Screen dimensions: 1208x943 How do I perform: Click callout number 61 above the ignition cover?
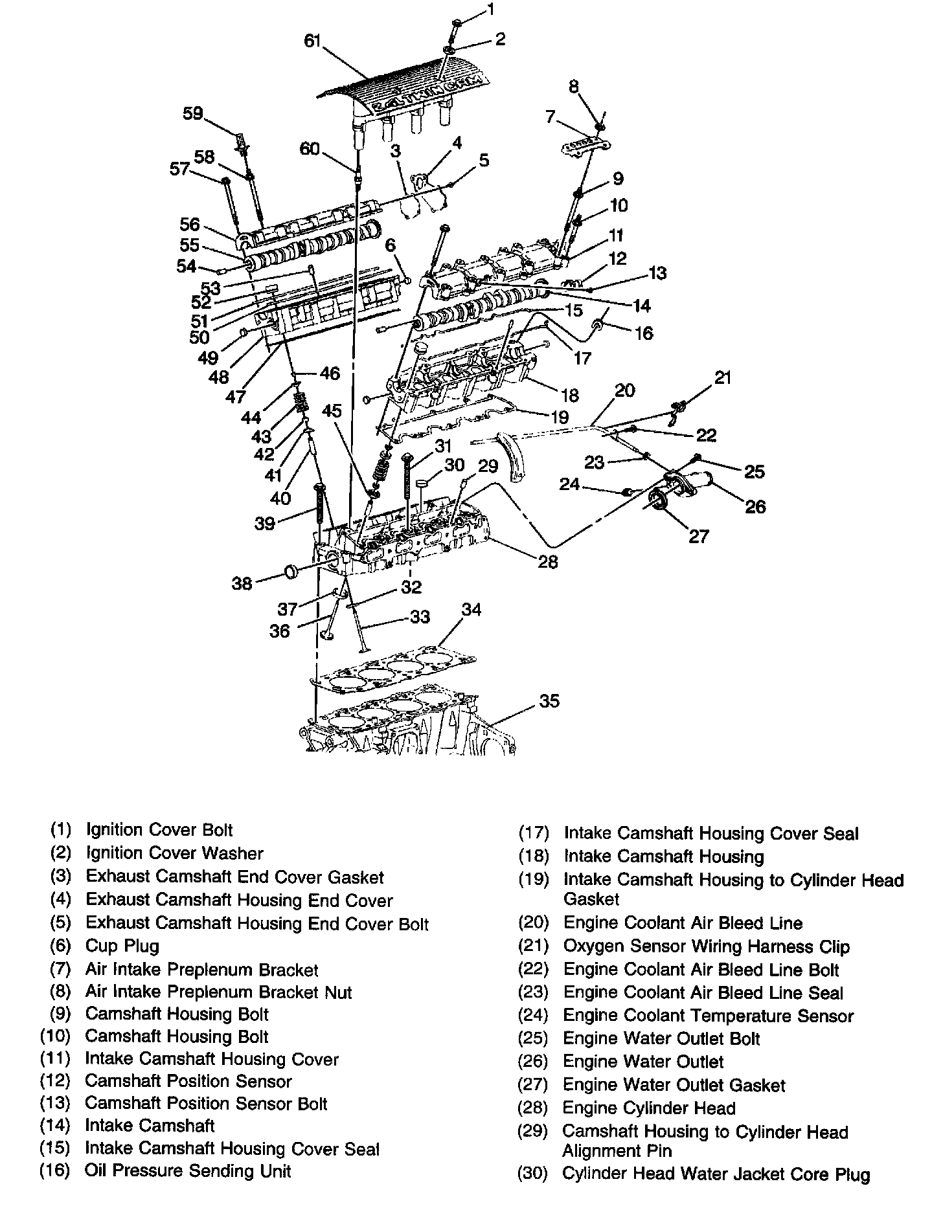(x=313, y=41)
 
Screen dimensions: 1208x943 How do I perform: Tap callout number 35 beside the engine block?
(x=549, y=701)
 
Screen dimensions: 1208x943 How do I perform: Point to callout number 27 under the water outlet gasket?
(x=698, y=536)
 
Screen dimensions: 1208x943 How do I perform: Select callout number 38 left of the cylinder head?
(x=242, y=584)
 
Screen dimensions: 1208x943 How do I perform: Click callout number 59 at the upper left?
(x=193, y=114)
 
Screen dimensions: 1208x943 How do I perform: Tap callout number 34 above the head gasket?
(x=471, y=610)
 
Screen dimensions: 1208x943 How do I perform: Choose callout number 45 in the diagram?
(x=332, y=410)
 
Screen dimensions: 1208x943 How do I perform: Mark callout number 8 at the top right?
(x=574, y=86)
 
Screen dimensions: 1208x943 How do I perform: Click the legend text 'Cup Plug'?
(x=122, y=946)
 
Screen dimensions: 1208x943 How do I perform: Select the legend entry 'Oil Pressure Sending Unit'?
(x=188, y=1170)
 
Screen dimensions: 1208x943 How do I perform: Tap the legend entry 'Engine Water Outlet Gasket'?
(x=674, y=1085)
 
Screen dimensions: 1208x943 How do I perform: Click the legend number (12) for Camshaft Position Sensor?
(x=54, y=1081)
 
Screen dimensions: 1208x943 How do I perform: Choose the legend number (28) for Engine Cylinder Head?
(x=533, y=1108)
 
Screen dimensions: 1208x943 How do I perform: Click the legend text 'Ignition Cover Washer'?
(x=175, y=853)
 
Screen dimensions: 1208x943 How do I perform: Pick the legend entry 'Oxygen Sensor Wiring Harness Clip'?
(x=706, y=946)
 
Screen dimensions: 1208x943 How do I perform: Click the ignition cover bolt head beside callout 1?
(x=457, y=23)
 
